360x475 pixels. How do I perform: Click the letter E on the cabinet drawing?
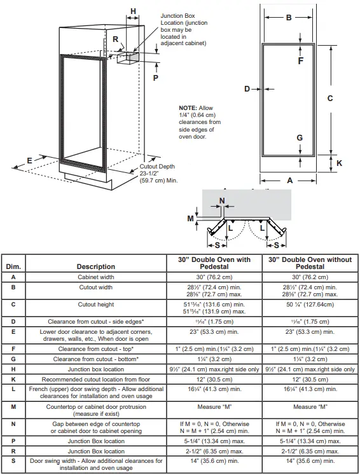click(x=30, y=161)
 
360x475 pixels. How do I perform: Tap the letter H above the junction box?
click(x=133, y=11)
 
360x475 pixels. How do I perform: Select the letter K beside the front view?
click(x=339, y=163)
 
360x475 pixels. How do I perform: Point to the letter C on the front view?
click(x=330, y=98)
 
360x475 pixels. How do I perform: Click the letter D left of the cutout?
click(x=247, y=89)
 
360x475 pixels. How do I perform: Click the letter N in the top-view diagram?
click(x=221, y=202)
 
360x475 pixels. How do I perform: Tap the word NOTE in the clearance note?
click(x=188, y=108)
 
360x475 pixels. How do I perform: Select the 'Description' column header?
click(x=96, y=266)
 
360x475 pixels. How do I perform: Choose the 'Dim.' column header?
click(x=13, y=266)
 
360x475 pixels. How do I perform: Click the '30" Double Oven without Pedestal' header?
click(x=311, y=263)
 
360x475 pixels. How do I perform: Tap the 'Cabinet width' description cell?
click(x=96, y=277)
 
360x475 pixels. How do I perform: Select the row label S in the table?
click(x=13, y=464)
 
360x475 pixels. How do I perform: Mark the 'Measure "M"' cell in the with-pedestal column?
click(x=213, y=407)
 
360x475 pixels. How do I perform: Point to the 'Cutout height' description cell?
click(x=96, y=305)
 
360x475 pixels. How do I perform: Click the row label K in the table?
click(x=13, y=380)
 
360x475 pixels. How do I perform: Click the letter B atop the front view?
click(x=288, y=18)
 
